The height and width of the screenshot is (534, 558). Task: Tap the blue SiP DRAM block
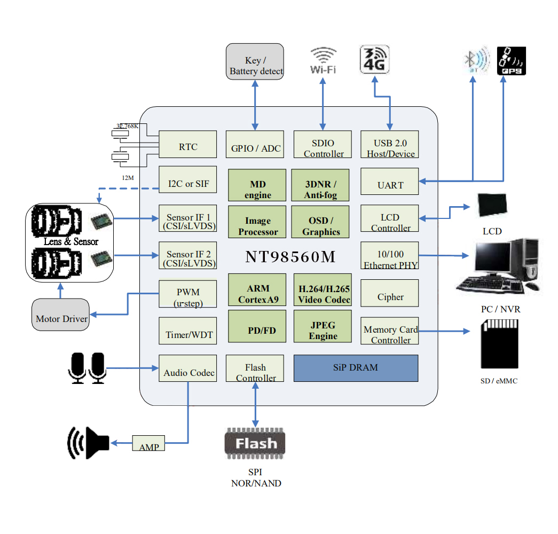(356, 368)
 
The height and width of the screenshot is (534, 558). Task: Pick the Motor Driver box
(60, 315)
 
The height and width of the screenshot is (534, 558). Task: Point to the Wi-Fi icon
(324, 60)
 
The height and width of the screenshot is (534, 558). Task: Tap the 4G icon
(374, 59)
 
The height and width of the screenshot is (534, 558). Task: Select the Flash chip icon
(255, 443)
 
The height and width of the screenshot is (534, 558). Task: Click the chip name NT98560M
(290, 257)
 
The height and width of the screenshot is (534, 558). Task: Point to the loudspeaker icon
(89, 443)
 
